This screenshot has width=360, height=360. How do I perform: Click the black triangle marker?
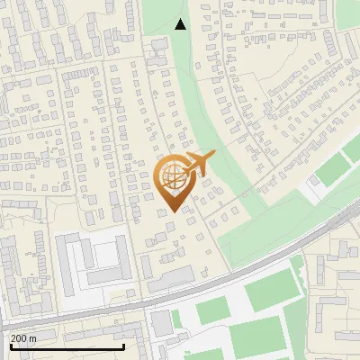181,24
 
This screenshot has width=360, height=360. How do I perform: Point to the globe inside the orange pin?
172,175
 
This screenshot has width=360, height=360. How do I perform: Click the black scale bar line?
67,347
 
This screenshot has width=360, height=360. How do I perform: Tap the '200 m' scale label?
23,338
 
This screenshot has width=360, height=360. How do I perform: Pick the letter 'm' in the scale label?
32,338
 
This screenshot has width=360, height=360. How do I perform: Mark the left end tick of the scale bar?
10,346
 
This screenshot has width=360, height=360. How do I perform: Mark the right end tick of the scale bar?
123,346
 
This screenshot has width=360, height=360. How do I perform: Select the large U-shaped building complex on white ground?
90,259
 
